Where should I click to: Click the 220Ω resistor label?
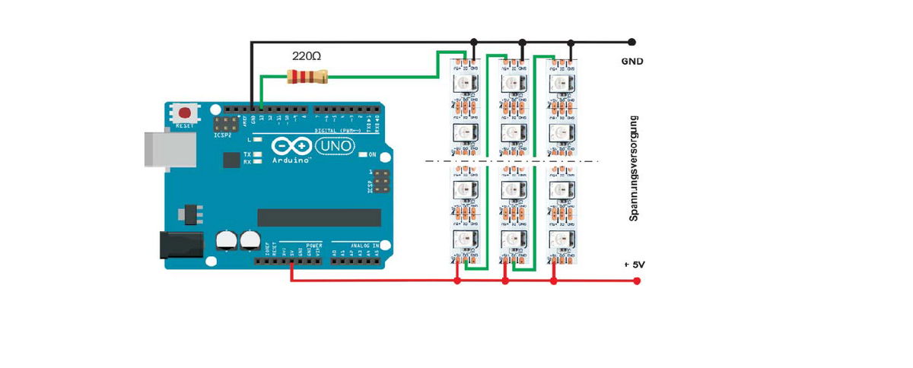click(x=307, y=56)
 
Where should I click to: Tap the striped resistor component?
click(x=307, y=75)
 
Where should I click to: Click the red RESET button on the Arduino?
click(x=185, y=113)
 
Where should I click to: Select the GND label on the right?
click(x=633, y=61)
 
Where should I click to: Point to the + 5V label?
click(x=634, y=265)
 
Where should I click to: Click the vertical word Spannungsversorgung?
click(x=633, y=168)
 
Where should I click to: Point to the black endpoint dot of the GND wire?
click(x=631, y=42)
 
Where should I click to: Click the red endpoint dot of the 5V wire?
click(x=637, y=281)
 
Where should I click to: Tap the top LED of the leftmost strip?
click(x=463, y=83)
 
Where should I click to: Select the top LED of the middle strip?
click(x=511, y=83)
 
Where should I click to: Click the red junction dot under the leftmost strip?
click(x=457, y=281)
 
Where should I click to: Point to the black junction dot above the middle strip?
click(x=522, y=42)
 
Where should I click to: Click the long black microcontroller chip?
click(x=319, y=217)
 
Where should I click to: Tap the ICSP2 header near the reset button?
click(x=226, y=124)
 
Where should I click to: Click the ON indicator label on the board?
click(x=372, y=154)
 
